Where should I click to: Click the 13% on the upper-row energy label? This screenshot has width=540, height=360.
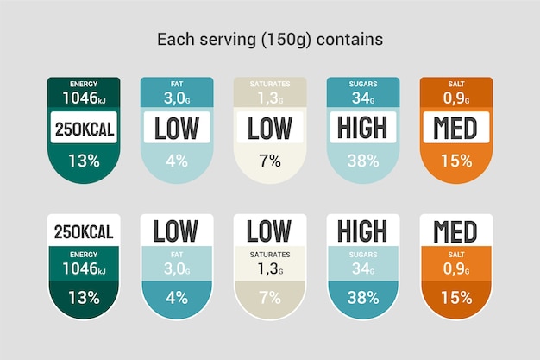[84, 160]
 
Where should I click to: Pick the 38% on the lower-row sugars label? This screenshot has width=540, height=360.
[363, 298]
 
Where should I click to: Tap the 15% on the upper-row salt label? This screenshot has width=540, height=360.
[456, 160]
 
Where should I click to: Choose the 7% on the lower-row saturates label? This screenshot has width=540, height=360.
[270, 298]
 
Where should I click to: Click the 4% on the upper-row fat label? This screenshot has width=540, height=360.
[177, 160]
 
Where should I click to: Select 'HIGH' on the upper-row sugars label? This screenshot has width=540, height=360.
[363, 129]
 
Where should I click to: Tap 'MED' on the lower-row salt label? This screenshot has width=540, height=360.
[455, 231]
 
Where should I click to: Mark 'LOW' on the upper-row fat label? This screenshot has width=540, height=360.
[177, 129]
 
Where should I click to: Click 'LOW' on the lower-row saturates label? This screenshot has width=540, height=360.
[269, 231]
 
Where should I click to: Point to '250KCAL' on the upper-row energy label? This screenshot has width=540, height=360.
[84, 129]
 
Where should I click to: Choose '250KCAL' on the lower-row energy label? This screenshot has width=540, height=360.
[84, 231]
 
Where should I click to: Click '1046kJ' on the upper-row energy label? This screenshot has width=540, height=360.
[84, 98]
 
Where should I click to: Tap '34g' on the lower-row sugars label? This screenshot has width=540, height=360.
[363, 268]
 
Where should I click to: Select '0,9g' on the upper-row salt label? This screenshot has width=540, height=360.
[456, 98]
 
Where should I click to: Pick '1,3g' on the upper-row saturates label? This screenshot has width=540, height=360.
[270, 98]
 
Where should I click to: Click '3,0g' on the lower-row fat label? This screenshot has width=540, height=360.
[177, 268]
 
